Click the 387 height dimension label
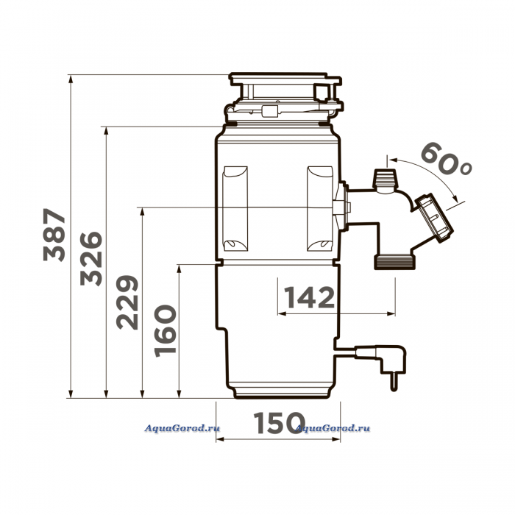tap(54, 235)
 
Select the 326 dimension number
tap(91, 259)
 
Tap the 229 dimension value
tap(127, 302)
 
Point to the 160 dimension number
tap(166, 331)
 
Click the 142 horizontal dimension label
tap(309, 297)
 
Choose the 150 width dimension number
tap(280, 423)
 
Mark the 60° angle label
tap(446, 159)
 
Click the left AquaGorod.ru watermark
tap(182, 428)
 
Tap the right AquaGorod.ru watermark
tap(333, 428)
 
